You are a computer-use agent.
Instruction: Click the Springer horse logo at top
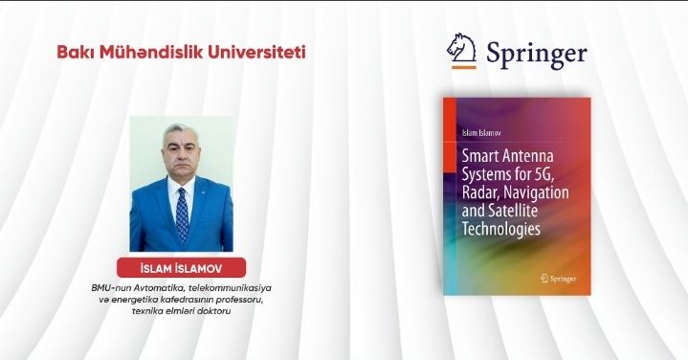pyautogui.click(x=461, y=52)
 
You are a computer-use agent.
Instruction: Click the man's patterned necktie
pyautogui.click(x=182, y=215)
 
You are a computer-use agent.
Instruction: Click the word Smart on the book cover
pyautogui.click(x=483, y=154)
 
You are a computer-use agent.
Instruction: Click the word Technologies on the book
pyautogui.click(x=501, y=230)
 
